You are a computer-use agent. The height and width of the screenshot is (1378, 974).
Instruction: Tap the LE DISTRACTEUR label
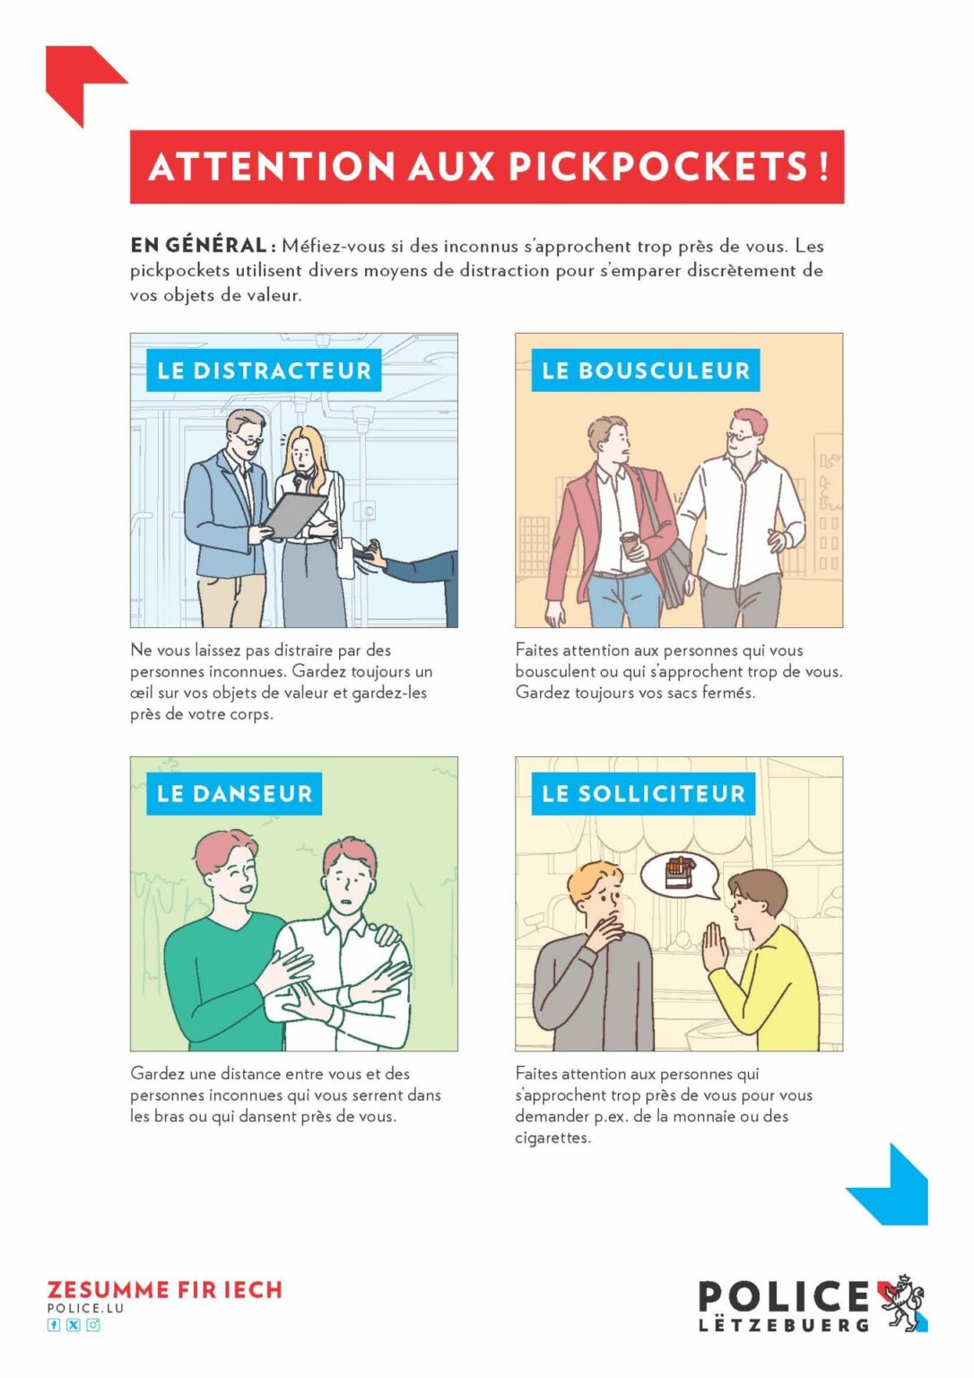click(264, 371)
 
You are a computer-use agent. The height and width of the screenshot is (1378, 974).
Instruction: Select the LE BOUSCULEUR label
click(646, 371)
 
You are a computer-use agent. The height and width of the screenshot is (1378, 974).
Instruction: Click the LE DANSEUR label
click(234, 794)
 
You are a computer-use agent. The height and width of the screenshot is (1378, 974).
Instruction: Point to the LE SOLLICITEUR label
click(643, 794)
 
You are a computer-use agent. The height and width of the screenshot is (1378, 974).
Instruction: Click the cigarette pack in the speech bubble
click(680, 873)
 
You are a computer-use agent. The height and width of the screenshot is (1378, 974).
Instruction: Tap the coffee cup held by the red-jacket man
click(630, 544)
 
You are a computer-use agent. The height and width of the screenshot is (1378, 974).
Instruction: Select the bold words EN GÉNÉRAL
click(198, 246)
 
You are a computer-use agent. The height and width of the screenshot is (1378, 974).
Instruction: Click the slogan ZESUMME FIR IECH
click(165, 1290)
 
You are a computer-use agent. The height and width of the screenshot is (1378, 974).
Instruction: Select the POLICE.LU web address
click(85, 1309)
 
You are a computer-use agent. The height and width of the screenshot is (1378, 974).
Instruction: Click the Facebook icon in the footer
click(54, 1325)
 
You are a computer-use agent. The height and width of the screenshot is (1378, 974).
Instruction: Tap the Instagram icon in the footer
click(93, 1325)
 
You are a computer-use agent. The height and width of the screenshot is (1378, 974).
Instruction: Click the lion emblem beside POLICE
click(902, 1304)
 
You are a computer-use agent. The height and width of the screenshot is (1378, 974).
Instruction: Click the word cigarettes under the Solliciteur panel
click(552, 1138)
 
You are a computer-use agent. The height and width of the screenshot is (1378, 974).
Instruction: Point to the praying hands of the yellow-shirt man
click(715, 946)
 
